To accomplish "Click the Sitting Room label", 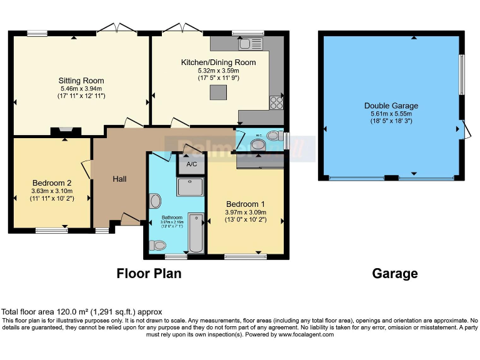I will click(81, 81).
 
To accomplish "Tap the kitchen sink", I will click(253, 43).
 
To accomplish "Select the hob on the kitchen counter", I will click(276, 102).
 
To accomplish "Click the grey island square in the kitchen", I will click(218, 92).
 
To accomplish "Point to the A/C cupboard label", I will click(191, 164).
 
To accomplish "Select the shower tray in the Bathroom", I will click(191, 187).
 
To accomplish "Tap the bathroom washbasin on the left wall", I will click(156, 201).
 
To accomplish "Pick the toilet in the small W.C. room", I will click(273, 136).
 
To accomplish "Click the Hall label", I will click(120, 179).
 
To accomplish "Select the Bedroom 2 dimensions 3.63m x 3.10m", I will click(52, 191).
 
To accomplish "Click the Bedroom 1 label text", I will click(245, 204).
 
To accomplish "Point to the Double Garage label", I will click(391, 106).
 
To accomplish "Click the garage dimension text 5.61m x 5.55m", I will click(391, 114).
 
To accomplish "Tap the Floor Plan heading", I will click(149, 274).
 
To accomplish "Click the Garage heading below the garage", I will click(395, 274).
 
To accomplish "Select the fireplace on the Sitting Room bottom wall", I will click(65, 131).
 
